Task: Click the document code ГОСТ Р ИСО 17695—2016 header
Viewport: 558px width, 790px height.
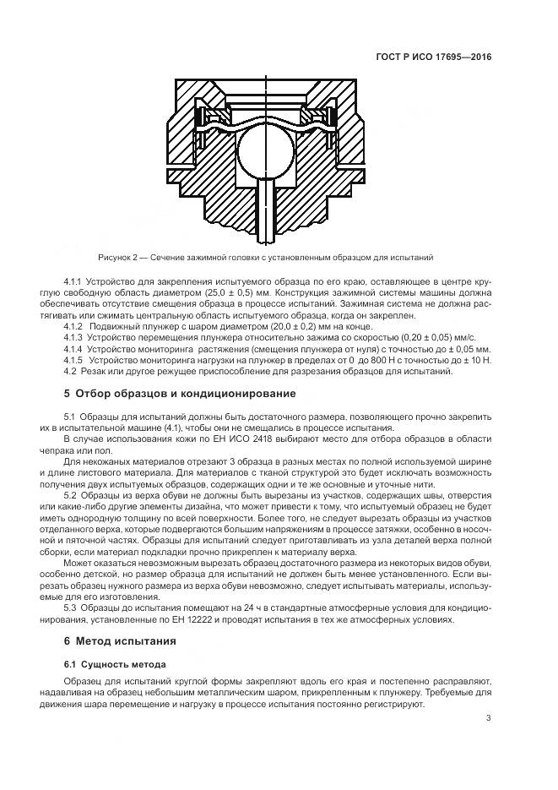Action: tap(433, 57)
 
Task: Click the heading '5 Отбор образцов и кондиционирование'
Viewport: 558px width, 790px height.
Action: tap(180, 393)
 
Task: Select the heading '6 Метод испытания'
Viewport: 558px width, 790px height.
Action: tap(121, 642)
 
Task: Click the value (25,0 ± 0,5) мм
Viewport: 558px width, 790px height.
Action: tap(232, 291)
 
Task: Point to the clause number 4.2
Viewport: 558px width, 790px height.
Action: tap(70, 371)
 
